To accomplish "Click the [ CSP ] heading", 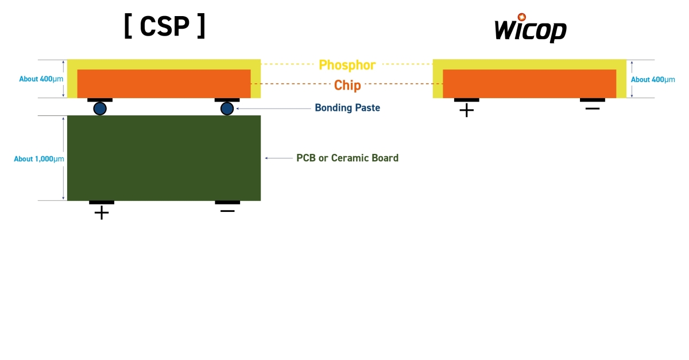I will pyautogui.click(x=164, y=27).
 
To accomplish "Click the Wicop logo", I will pyautogui.click(x=531, y=29).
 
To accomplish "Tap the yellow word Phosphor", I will pyautogui.click(x=347, y=65).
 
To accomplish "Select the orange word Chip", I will pyautogui.click(x=347, y=86).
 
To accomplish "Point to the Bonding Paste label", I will pyautogui.click(x=347, y=108).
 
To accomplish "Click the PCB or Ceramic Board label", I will pyautogui.click(x=347, y=158).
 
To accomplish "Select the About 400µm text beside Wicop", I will pyautogui.click(x=653, y=80).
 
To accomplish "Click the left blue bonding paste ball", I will pyautogui.click(x=100, y=109).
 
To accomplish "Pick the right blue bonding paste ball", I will pyautogui.click(x=227, y=109).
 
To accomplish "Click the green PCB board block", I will pyautogui.click(x=164, y=158).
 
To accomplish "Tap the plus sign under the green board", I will pyautogui.click(x=102, y=213).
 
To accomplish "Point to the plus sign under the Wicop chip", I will pyautogui.click(x=467, y=110).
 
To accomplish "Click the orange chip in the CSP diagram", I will pyautogui.click(x=164, y=83).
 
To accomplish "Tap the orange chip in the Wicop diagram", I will pyautogui.click(x=529, y=83).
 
